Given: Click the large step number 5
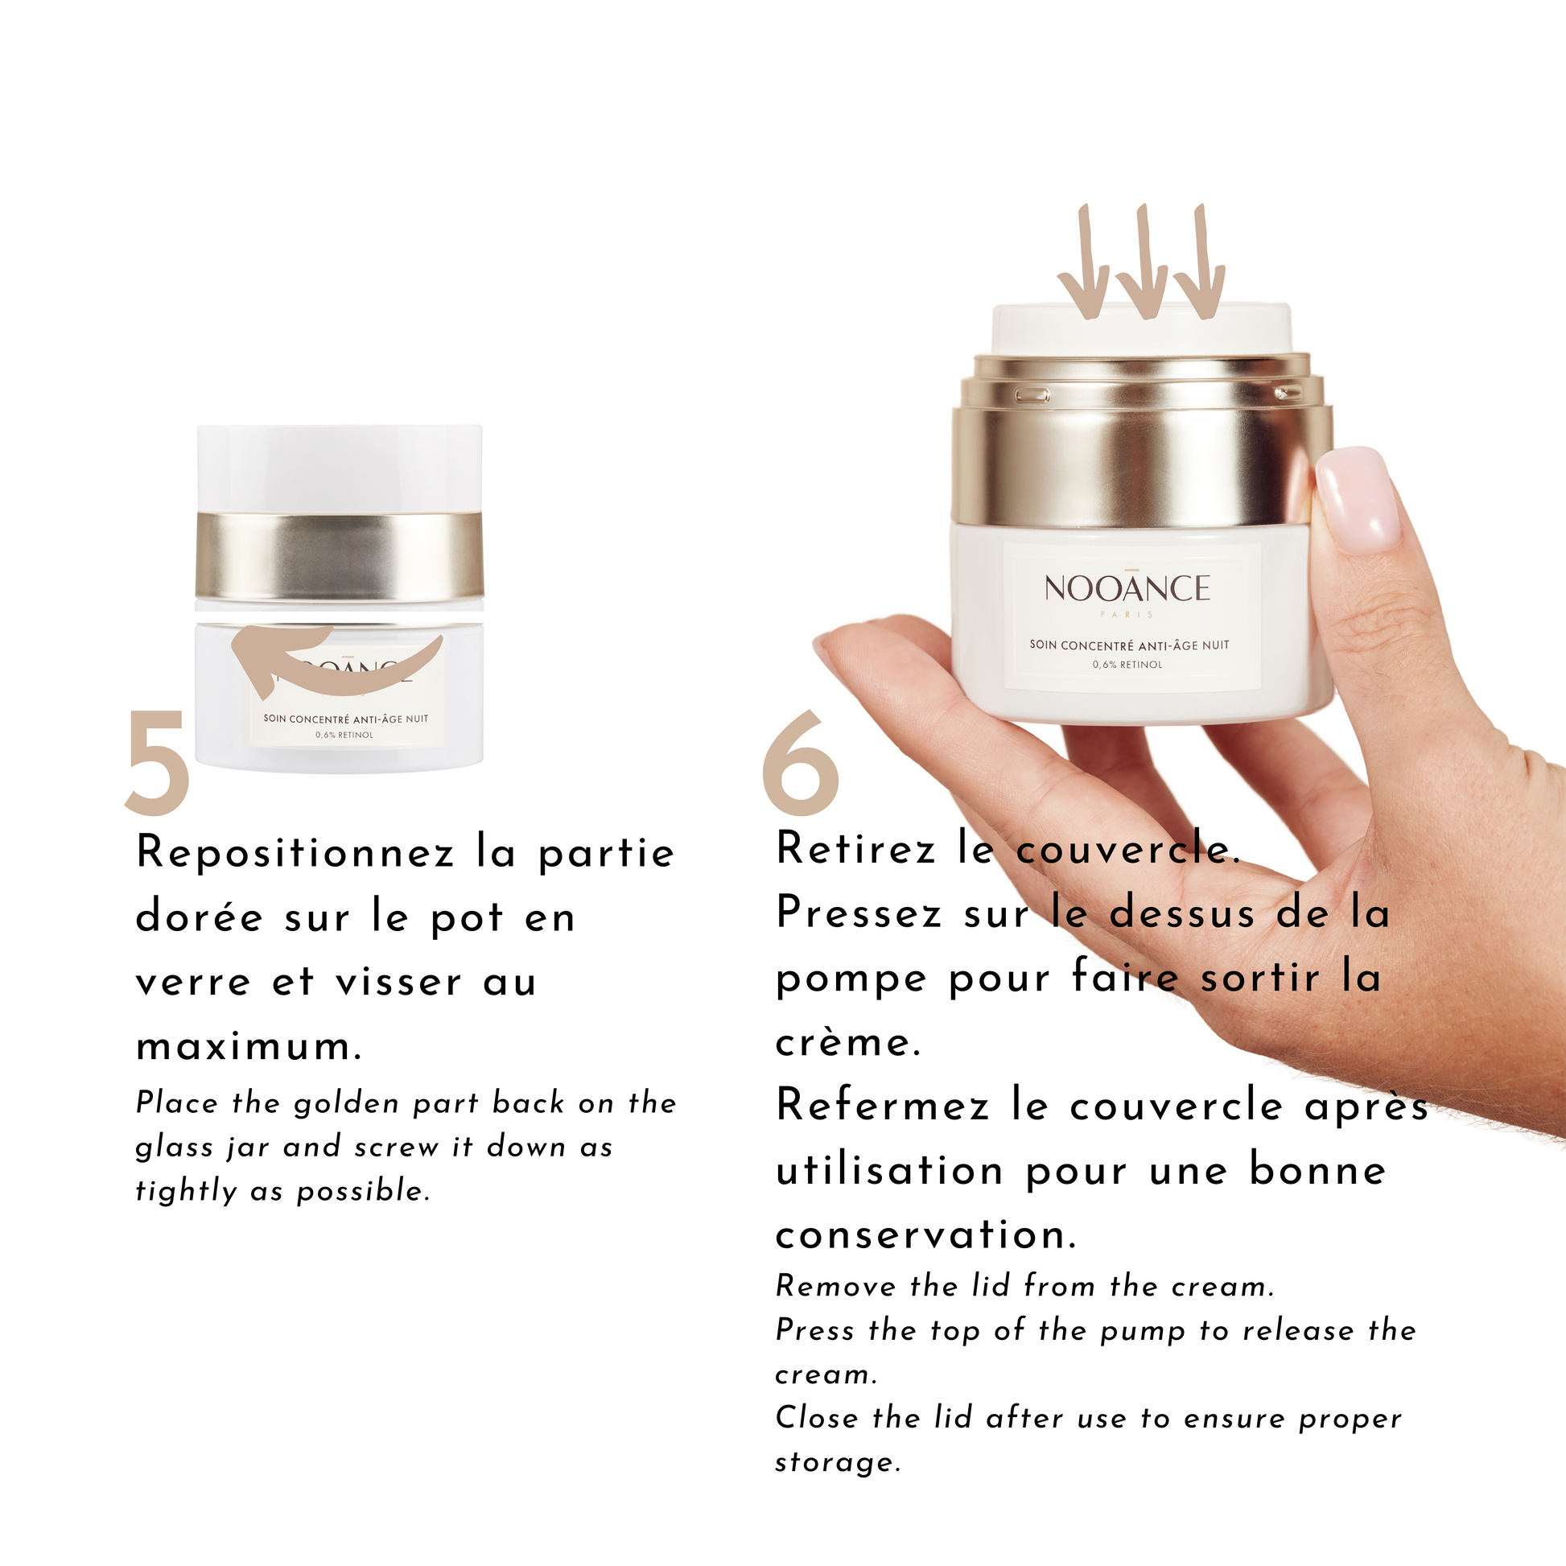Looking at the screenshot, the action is point(158,761).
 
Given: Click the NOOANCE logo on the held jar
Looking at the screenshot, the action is point(1127,587).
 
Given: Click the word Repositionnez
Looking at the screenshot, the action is point(295,854).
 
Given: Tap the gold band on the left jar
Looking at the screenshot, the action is point(340,556).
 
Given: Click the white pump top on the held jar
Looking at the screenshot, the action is point(1141,329).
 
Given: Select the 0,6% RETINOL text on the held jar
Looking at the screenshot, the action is point(1127,665).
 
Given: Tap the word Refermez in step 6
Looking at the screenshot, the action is point(884,1106).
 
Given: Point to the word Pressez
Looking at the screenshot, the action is point(859,913).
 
